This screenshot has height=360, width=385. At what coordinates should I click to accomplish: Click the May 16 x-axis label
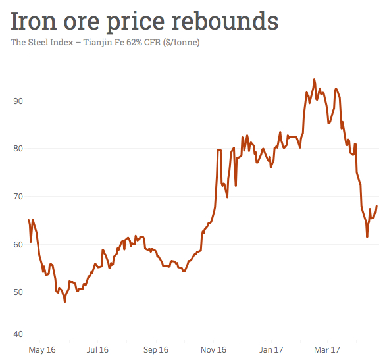coord(42,349)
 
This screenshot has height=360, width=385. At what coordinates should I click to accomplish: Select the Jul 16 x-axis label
coord(97,349)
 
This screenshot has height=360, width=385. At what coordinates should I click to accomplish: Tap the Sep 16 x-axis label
coord(156,349)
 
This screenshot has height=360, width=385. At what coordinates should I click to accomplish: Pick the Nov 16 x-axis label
coord(213,349)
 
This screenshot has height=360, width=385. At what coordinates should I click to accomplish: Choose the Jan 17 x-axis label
coord(271,349)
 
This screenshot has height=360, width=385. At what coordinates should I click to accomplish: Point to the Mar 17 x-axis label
coord(327,349)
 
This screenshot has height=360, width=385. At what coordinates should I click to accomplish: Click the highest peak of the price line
coord(314,80)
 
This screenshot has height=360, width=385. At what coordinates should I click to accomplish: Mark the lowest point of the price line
coord(64,301)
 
